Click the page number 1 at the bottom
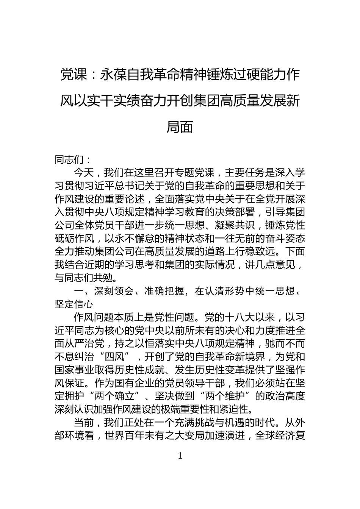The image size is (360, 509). tap(180, 456)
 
